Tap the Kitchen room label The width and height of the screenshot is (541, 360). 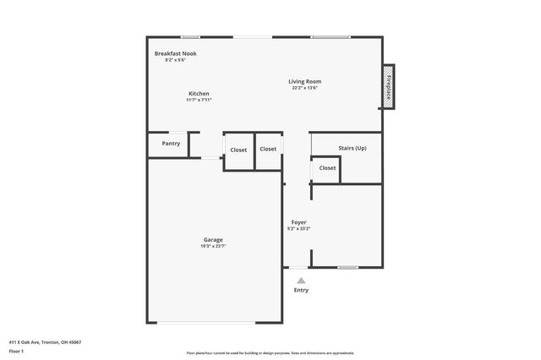click(x=199, y=93)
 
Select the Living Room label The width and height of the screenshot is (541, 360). click(x=305, y=81)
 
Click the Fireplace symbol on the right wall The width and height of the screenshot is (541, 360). click(x=389, y=86)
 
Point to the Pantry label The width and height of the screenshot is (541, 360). click(x=171, y=144)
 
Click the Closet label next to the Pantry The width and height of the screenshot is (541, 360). click(x=238, y=150)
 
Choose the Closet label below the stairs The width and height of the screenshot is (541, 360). click(x=327, y=168)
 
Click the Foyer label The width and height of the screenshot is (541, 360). click(x=299, y=221)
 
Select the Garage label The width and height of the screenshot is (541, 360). click(x=212, y=239)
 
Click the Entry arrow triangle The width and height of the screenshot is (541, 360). click(x=301, y=280)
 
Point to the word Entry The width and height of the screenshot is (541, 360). click(x=301, y=290)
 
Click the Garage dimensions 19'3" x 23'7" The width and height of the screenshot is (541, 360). click(x=212, y=246)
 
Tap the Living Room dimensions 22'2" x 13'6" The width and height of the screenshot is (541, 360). click(x=305, y=88)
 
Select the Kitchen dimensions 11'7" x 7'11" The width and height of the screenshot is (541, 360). click(x=199, y=100)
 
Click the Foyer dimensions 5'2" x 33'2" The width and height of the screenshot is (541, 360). click(x=299, y=228)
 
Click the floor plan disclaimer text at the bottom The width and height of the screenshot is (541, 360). click(x=270, y=352)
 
